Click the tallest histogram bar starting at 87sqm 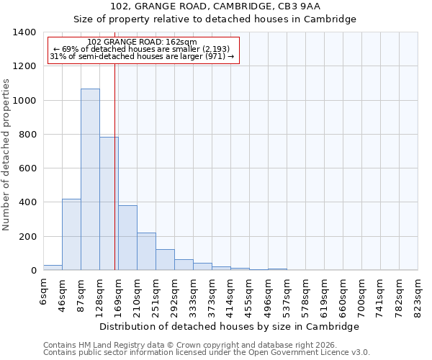pyautogui.click(x=90, y=179)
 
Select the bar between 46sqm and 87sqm pyautogui.click(x=71, y=235)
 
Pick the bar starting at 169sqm pyautogui.click(x=127, y=238)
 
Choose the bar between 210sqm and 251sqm pyautogui.click(x=146, y=251)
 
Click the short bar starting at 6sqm pyautogui.click(x=53, y=267)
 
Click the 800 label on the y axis pyautogui.click(x=27, y=135)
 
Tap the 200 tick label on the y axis pyautogui.click(x=27, y=237)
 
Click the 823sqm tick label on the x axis pyautogui.click(x=418, y=294)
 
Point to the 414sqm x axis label pyautogui.click(x=231, y=294)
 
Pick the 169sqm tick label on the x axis pyautogui.click(x=119, y=294)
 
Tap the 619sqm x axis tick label pyautogui.click(x=325, y=294)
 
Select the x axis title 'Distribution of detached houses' pyautogui.click(x=229, y=326)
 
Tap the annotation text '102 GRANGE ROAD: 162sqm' pyautogui.click(x=141, y=42)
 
